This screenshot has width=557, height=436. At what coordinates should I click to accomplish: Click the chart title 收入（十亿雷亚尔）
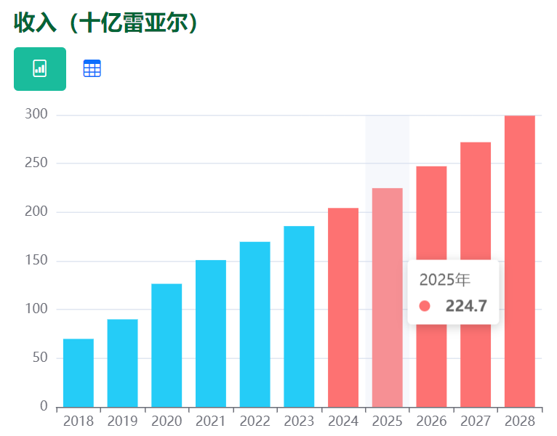point(106,23)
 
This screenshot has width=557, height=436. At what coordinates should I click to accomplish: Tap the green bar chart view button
point(40,69)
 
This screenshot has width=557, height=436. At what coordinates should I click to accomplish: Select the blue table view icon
point(92,69)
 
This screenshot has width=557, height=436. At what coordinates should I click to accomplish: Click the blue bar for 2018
point(79,373)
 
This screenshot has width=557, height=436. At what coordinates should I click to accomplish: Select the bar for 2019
point(122,363)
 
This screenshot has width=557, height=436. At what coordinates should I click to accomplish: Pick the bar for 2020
point(167,345)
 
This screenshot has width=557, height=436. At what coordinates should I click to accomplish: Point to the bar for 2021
point(211,334)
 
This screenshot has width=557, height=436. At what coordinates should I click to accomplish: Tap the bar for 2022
point(255,325)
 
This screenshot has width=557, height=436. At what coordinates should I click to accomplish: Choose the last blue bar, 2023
point(299,317)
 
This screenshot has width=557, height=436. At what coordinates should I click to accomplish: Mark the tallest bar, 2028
point(519,262)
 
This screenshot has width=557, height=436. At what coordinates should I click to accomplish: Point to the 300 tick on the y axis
point(36,115)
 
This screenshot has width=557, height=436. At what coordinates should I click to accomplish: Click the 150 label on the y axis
point(36,261)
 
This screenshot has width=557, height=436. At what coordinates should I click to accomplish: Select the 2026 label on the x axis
point(431,421)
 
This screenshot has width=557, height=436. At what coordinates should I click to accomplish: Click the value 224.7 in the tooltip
point(466,306)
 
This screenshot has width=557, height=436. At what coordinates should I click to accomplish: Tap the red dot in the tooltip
point(425,306)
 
